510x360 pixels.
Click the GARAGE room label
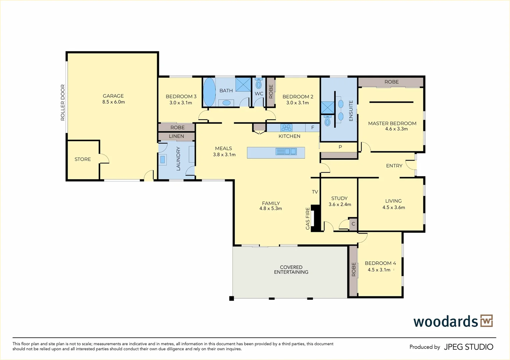(113, 96)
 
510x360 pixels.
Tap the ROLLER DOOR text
(63, 102)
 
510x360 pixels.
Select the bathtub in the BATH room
(209, 92)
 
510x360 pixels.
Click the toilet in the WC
(259, 83)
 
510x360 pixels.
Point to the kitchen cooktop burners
(286, 128)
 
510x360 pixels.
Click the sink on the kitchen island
(286, 151)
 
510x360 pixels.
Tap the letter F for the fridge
(313, 128)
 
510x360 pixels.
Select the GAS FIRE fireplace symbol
(316, 218)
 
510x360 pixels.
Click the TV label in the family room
(315, 192)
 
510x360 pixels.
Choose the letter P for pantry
(340, 147)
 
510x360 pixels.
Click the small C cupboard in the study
(353, 224)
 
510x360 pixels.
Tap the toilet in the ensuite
(327, 120)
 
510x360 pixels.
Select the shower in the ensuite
(328, 107)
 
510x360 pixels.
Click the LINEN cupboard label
(176, 136)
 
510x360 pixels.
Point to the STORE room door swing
(105, 158)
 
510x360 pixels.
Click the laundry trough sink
(163, 159)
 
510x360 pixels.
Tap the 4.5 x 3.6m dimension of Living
(394, 207)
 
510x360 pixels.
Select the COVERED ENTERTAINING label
(291, 270)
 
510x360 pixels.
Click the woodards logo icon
(487, 321)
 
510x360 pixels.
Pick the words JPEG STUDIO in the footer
(469, 347)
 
